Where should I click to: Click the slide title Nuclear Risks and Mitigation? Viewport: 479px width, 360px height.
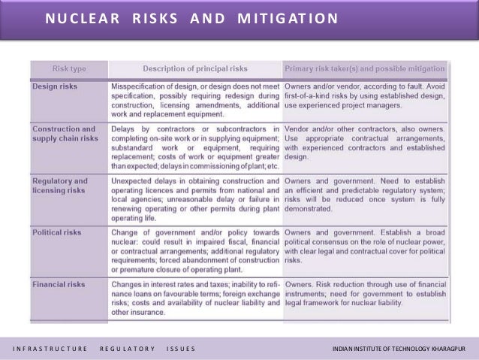click(191, 17)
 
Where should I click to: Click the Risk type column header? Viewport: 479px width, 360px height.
click(69, 69)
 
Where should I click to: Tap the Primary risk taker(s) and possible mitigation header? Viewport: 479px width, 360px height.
click(364, 69)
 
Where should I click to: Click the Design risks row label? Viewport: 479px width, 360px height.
click(55, 86)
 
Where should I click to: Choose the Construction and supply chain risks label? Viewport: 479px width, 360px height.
click(65, 133)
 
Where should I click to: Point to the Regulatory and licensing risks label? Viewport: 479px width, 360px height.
click(60, 186)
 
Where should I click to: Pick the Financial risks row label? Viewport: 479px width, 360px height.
click(59, 285)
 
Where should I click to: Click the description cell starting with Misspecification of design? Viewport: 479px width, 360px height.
click(194, 100)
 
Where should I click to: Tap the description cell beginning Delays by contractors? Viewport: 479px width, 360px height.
click(194, 147)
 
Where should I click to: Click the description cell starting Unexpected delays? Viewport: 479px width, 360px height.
click(194, 200)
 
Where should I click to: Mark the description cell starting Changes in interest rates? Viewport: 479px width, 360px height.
click(194, 298)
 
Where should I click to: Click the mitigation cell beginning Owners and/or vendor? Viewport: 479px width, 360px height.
click(364, 95)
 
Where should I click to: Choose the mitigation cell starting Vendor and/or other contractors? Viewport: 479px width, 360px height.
click(364, 143)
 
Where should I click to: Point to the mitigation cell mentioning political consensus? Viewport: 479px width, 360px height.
click(364, 247)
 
